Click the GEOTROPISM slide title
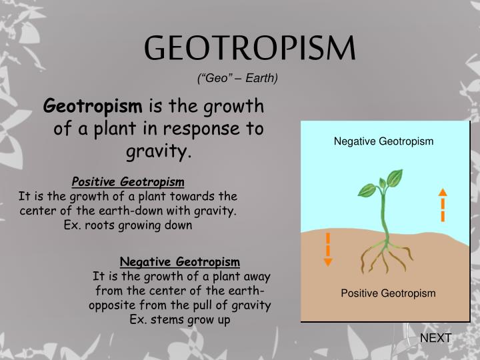click(x=250, y=48)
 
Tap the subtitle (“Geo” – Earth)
click(x=237, y=79)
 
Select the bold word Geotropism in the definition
click(x=93, y=106)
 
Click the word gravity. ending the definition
click(x=159, y=152)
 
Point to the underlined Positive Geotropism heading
click(x=128, y=182)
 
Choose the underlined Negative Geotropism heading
click(x=180, y=261)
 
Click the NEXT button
click(x=435, y=338)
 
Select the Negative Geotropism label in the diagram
click(x=383, y=141)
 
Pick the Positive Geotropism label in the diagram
click(x=388, y=293)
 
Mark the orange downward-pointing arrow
click(x=327, y=250)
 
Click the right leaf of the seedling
click(x=395, y=179)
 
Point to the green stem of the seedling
click(x=385, y=217)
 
